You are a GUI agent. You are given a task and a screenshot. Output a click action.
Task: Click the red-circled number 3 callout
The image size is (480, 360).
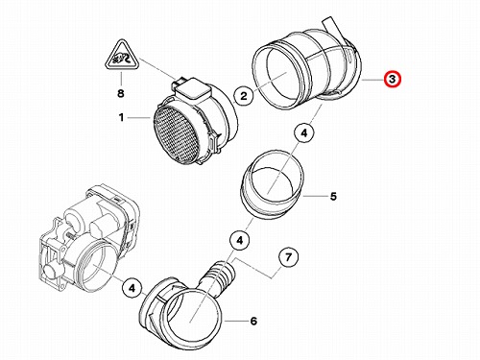pos(392,79)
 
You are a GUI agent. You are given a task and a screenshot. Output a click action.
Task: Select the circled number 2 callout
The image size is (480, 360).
pos(244,95)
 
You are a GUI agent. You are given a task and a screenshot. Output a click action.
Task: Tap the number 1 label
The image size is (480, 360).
pos(121,117)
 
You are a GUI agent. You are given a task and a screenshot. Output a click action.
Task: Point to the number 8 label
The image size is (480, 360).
pos(120,93)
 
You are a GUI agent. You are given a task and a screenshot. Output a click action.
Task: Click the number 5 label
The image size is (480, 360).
pos(333,196)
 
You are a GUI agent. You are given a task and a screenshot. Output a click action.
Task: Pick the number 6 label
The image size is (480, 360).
pos(253,321)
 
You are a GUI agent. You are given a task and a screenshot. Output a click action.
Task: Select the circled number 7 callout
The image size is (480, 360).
pos(289,256)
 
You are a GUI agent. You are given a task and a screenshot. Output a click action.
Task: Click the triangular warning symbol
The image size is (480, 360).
pos(122,56)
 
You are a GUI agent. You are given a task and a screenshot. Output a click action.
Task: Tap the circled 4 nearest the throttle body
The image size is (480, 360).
pos(132,289)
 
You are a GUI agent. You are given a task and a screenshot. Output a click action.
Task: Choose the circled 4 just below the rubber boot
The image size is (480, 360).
pos(304,132)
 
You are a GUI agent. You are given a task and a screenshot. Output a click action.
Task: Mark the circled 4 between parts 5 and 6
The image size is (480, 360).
pos(240,240)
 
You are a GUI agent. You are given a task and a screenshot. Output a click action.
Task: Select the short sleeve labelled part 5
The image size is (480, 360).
pos(271,184)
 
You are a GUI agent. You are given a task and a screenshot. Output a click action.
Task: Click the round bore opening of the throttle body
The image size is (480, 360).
pos(95,268)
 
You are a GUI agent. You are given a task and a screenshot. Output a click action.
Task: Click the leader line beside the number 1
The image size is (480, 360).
pos(139,118)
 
